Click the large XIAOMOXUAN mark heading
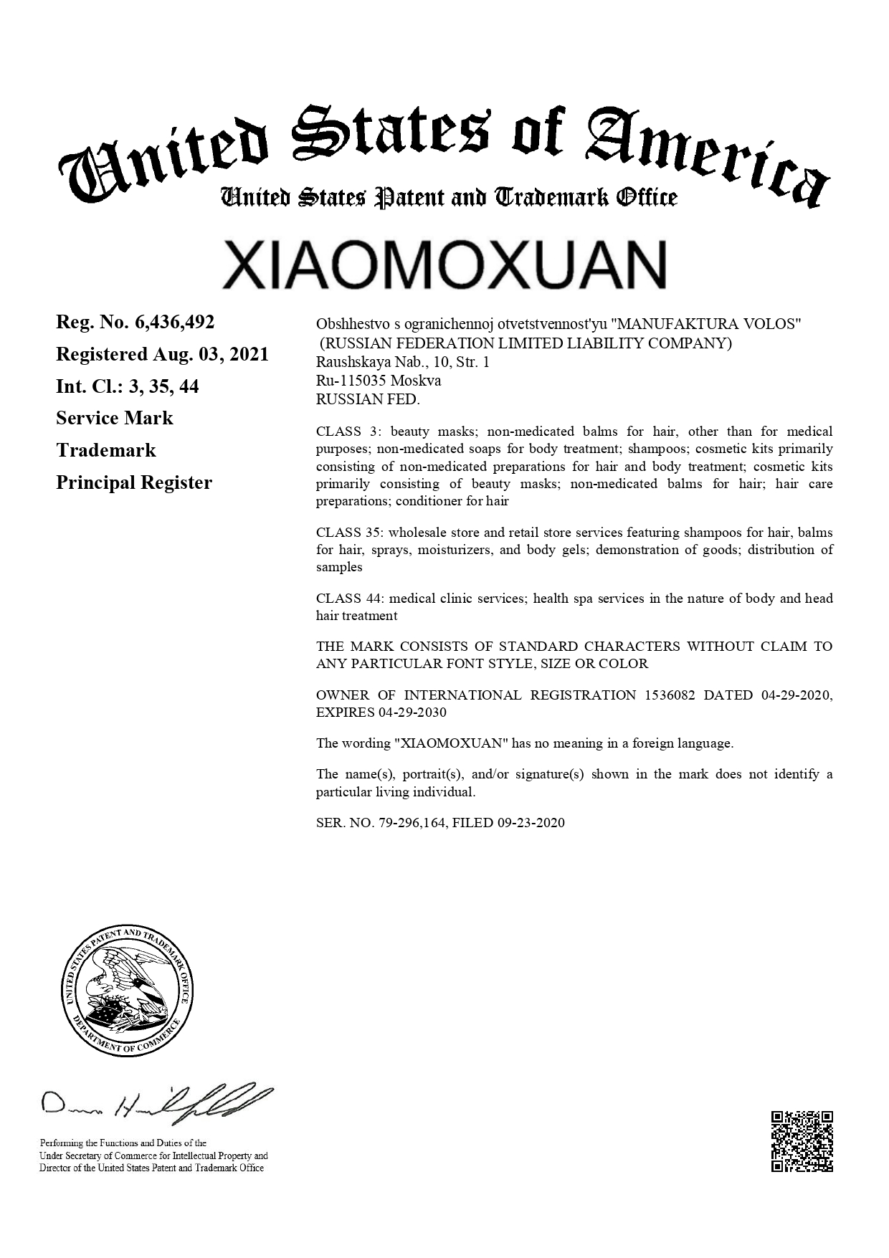tap(444, 265)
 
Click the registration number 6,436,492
tap(174, 323)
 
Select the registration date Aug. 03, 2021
tap(210, 355)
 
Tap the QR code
tap(802, 1141)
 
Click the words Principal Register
tap(134, 482)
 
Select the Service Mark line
tap(115, 418)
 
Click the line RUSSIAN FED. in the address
tap(368, 399)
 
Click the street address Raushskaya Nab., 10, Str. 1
tap(403, 362)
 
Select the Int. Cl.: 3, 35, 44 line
tap(128, 387)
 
